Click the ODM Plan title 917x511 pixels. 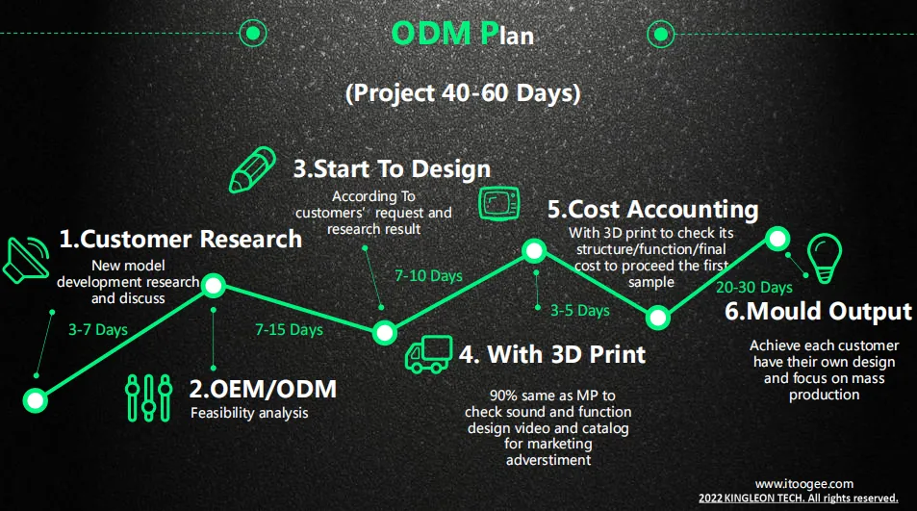[x=462, y=34]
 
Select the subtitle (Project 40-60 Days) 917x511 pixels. [x=463, y=93]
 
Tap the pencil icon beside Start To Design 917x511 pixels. [x=252, y=169]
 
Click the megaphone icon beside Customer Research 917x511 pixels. [x=26, y=261]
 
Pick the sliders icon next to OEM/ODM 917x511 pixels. [x=148, y=397]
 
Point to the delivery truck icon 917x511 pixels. [x=429, y=354]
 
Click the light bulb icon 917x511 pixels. [x=825, y=259]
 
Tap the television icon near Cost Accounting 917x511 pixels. [x=498, y=203]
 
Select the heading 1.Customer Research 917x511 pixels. [x=181, y=239]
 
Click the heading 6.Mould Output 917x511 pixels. [x=818, y=311]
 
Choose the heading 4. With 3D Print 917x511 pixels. [x=552, y=354]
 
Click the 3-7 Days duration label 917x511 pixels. [x=98, y=330]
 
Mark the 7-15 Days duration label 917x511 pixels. [x=289, y=330]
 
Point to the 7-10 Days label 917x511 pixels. [x=429, y=275]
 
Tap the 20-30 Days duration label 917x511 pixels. [x=754, y=287]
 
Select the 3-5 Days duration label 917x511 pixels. [x=580, y=311]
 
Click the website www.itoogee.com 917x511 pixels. [x=804, y=484]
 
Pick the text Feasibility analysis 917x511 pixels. [x=249, y=413]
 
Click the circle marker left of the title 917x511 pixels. [x=253, y=34]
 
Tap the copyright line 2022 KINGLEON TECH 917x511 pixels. [x=799, y=498]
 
